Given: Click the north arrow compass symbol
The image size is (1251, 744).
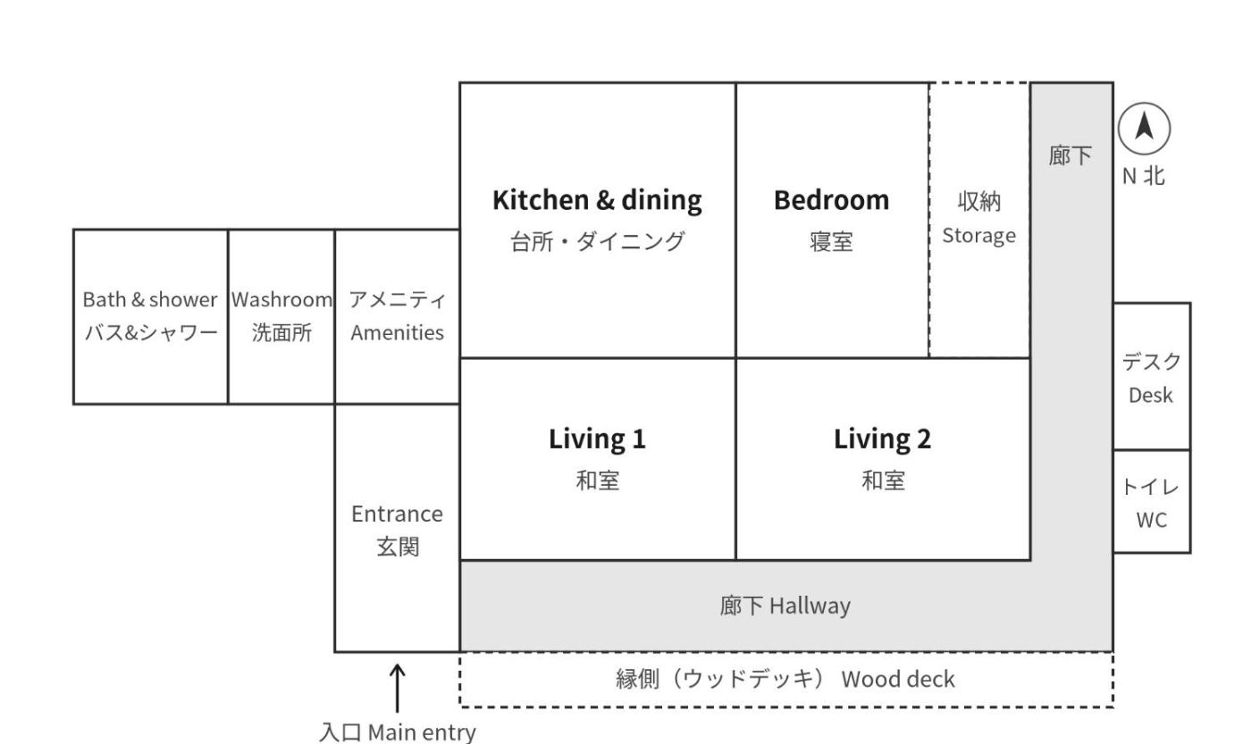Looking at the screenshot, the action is click(1144, 129).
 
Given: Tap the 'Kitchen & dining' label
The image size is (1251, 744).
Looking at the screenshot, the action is click(597, 200).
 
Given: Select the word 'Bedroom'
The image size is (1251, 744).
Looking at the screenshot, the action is click(832, 200).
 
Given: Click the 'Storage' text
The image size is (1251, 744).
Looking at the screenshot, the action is click(979, 236).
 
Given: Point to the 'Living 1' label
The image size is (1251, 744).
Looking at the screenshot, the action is click(597, 439).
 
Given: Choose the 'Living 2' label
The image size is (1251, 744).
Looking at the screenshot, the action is click(883, 439).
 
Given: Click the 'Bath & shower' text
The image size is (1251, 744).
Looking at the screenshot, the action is click(150, 300).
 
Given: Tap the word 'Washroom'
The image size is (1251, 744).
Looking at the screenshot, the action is click(281, 300).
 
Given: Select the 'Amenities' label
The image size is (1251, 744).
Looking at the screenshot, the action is click(397, 333).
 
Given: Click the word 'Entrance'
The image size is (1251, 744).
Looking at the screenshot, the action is click(397, 514).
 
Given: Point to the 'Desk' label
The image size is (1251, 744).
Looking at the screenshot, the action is click(1151, 396).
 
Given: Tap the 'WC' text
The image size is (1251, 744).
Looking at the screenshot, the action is click(1152, 520).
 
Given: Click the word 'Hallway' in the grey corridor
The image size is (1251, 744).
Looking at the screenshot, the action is click(810, 606).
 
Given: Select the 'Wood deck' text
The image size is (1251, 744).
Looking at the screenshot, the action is click(898, 680).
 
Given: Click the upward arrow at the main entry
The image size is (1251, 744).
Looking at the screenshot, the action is click(397, 689).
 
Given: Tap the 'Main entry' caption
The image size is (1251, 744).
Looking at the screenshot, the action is click(422, 732).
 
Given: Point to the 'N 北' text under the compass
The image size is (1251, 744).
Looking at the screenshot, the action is click(1144, 176).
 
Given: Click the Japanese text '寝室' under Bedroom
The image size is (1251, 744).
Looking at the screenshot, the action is click(832, 242).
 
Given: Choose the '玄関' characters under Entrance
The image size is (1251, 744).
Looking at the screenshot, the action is click(397, 547).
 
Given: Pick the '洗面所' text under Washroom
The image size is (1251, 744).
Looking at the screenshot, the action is click(281, 332).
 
